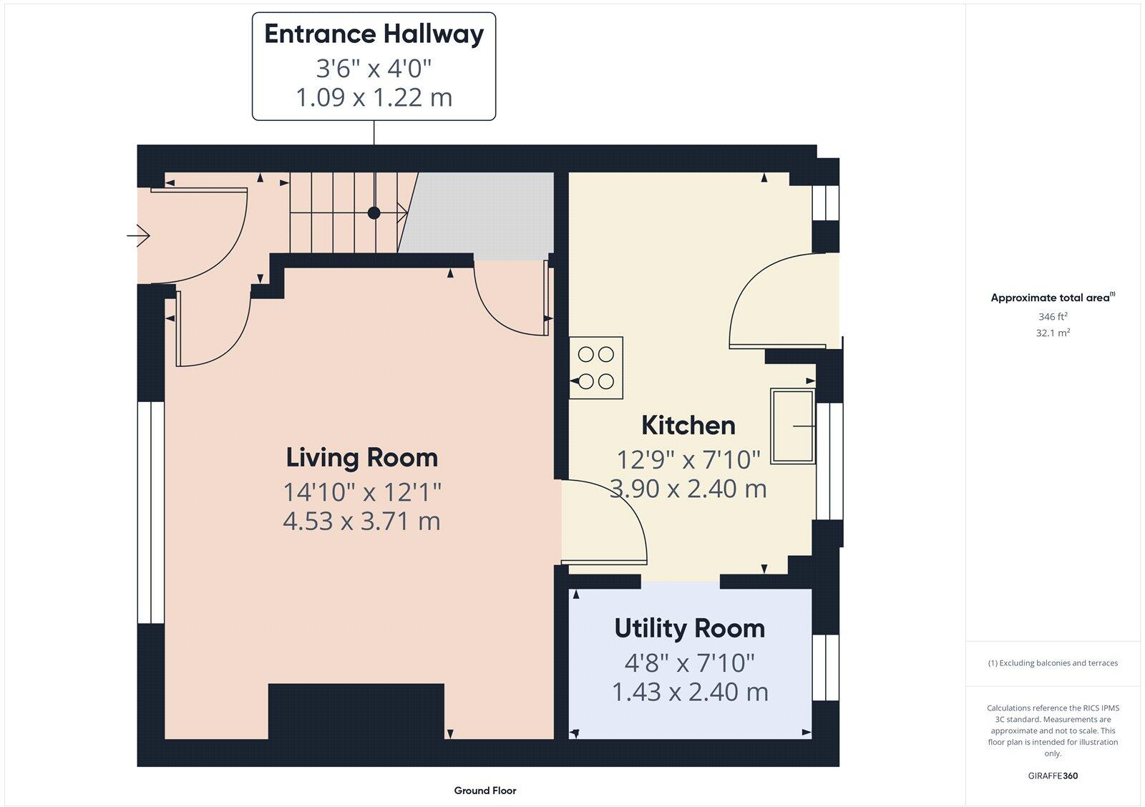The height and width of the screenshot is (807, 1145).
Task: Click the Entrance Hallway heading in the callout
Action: pyautogui.click(x=374, y=34)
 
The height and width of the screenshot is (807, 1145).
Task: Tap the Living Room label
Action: pyautogui.click(x=361, y=458)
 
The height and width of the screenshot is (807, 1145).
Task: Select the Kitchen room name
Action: pyautogui.click(x=688, y=426)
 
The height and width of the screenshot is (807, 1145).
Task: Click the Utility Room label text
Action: pyautogui.click(x=689, y=629)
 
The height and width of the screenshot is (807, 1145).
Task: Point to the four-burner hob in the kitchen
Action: pyautogui.click(x=596, y=368)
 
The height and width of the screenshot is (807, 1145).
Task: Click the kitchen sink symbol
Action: pyautogui.click(x=793, y=426)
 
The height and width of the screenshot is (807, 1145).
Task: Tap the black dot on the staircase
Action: pyautogui.click(x=374, y=212)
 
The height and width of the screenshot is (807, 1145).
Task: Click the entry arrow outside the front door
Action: pyautogui.click(x=138, y=235)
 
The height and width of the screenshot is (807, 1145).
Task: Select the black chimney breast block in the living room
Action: pyautogui.click(x=356, y=711)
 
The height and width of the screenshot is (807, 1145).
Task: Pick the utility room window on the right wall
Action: pyautogui.click(x=825, y=667)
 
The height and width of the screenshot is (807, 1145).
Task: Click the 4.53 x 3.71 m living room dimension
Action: pyautogui.click(x=361, y=522)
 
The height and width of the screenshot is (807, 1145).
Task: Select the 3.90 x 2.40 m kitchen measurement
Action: pyautogui.click(x=688, y=489)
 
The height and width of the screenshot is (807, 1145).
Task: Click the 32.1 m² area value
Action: pyautogui.click(x=1053, y=333)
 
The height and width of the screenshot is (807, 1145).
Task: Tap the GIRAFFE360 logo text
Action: pyautogui.click(x=1053, y=776)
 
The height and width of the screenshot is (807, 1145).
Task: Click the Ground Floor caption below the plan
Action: pyautogui.click(x=484, y=791)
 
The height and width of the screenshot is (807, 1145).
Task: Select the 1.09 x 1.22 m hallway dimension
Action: pyautogui.click(x=374, y=97)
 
